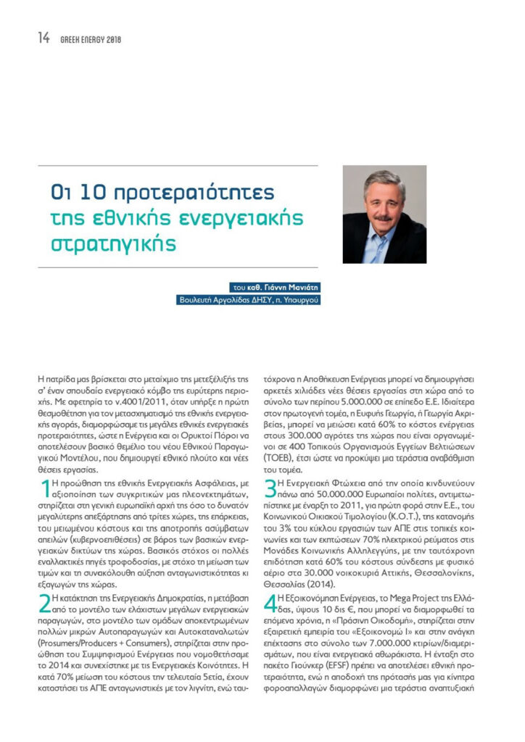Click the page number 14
[x=44, y=39]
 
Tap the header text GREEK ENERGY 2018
[x=91, y=40]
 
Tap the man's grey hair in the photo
[x=384, y=180]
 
